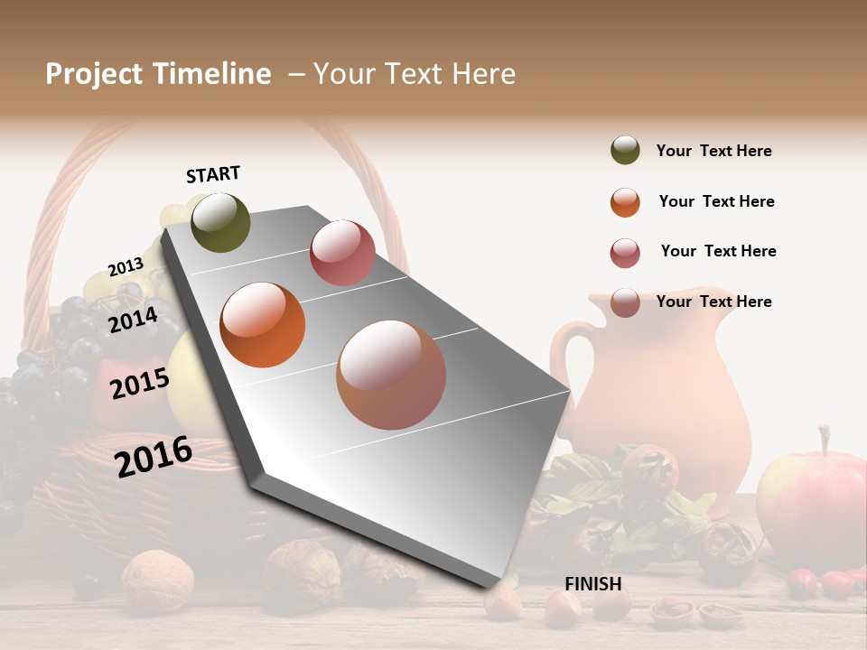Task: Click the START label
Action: click(213, 174)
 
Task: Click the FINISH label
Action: click(593, 584)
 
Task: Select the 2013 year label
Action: click(126, 267)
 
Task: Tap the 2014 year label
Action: click(133, 320)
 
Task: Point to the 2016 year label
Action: click(154, 456)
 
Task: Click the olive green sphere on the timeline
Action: click(220, 222)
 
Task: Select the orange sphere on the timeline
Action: click(263, 325)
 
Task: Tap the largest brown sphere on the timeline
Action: click(391, 375)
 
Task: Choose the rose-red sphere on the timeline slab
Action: click(342, 252)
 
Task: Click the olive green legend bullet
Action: click(625, 151)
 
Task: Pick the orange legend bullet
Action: click(625, 202)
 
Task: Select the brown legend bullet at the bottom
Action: click(625, 302)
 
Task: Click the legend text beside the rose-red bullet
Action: click(718, 251)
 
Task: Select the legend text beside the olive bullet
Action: click(713, 151)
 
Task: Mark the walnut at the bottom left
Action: click(158, 580)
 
